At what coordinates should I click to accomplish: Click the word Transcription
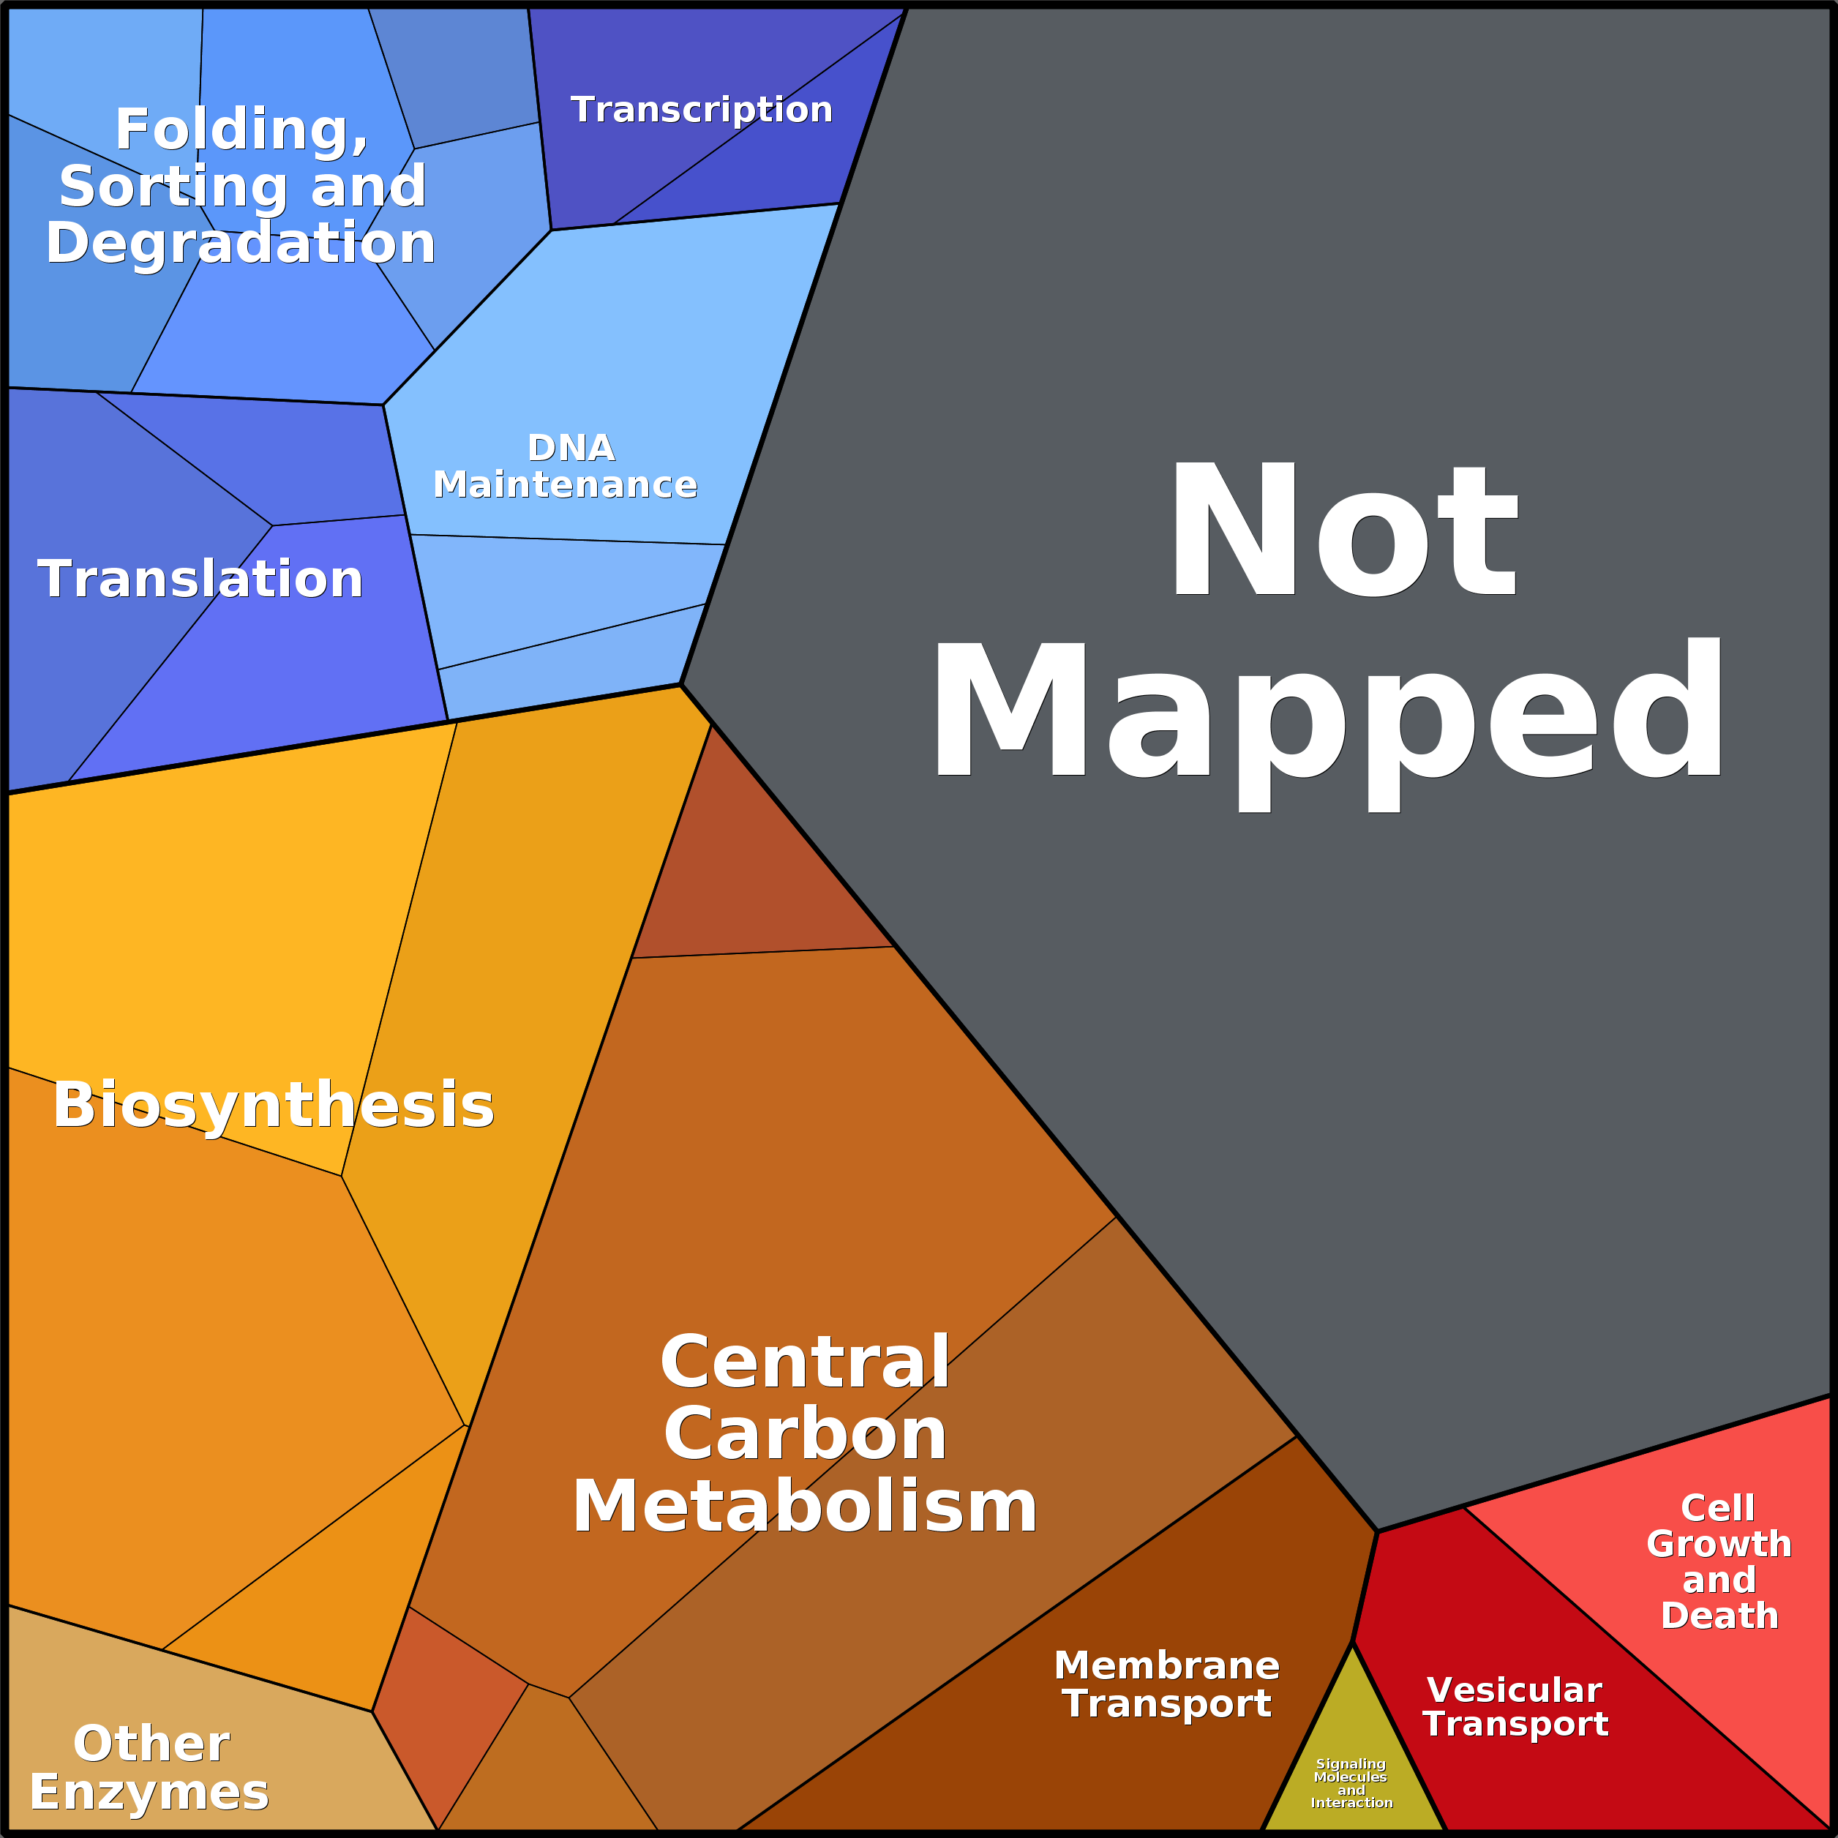[701, 110]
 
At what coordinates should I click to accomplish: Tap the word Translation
[200, 579]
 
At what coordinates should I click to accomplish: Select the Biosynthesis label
[274, 1106]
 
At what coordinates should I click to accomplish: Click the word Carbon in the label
[805, 1433]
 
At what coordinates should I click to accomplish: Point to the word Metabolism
[805, 1507]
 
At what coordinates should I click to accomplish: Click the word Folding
[241, 130]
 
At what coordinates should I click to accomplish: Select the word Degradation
[241, 244]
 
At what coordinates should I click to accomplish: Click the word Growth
[1719, 1544]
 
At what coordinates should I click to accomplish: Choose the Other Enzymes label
[150, 1768]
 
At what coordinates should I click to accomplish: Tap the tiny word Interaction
[1352, 1803]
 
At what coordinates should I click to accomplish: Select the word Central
[805, 1362]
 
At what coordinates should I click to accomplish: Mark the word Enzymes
[150, 1793]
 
